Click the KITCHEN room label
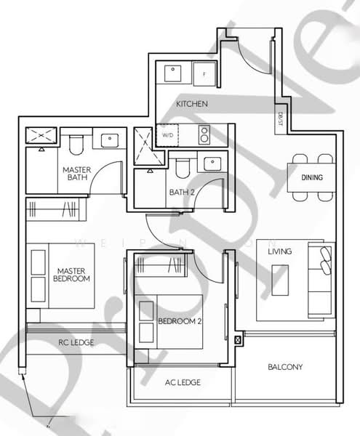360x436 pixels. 192,104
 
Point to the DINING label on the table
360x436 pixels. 312,177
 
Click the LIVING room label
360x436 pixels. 279,251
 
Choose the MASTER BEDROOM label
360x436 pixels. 73,275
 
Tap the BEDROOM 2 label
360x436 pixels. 178,320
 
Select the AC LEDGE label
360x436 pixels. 183,382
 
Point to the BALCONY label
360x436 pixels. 285,367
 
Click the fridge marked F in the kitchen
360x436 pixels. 204,73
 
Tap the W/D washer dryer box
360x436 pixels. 167,135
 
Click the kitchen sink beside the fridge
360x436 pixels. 174,73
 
